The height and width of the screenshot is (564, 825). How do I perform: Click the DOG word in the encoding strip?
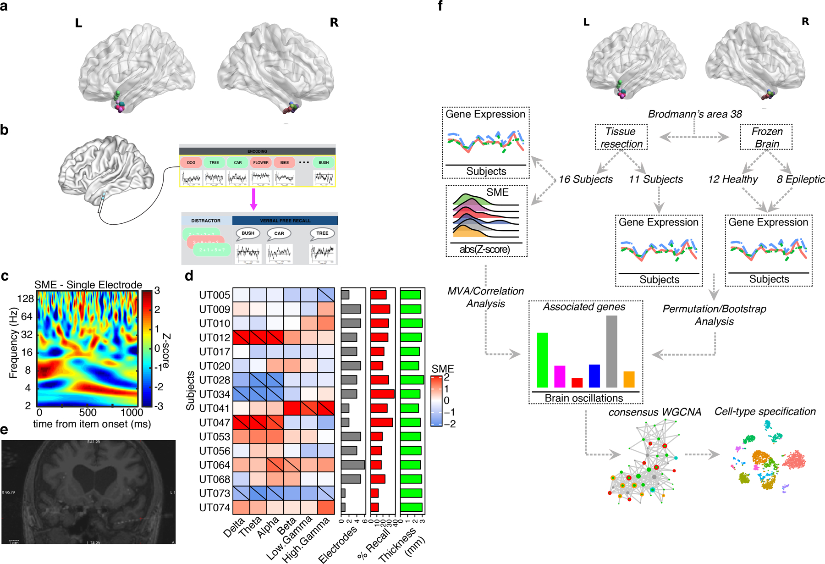[x=191, y=162]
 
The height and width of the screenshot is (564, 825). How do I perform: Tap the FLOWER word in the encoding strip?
[x=261, y=162]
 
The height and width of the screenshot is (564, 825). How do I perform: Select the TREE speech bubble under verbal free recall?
[x=322, y=233]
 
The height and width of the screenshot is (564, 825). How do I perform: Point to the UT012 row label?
[x=214, y=338]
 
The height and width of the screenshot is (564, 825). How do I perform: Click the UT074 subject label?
[x=214, y=508]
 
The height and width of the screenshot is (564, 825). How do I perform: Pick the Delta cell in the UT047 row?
[x=241, y=422]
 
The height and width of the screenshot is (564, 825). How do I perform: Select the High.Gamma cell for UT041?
[x=326, y=408]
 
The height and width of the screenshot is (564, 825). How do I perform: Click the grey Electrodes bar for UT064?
[x=353, y=465]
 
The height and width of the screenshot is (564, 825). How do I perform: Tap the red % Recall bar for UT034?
[x=382, y=394]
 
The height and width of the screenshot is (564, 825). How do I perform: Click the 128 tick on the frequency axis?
[x=26, y=299]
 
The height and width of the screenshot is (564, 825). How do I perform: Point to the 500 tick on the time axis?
[x=88, y=412]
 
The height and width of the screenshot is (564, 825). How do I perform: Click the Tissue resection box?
[x=621, y=138]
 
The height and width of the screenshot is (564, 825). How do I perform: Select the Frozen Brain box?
[x=766, y=138]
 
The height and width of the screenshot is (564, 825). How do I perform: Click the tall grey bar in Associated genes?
[x=611, y=351]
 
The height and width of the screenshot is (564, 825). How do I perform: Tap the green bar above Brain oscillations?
[x=542, y=360]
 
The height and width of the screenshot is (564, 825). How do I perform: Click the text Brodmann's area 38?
[x=695, y=114]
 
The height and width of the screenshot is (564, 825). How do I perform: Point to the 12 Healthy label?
[x=732, y=179]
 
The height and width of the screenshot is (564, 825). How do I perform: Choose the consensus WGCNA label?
[x=654, y=412]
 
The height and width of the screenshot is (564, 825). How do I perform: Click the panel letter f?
[x=440, y=6]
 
